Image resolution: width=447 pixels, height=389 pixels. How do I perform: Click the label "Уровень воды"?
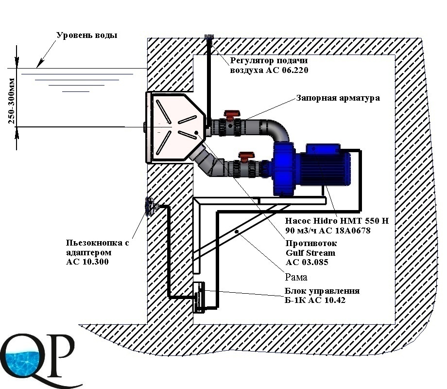[87, 35]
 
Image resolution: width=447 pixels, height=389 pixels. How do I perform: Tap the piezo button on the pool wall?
[149, 208]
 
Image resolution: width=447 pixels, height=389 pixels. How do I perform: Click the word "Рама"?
[296, 277]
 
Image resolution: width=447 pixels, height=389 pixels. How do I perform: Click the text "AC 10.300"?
[87, 262]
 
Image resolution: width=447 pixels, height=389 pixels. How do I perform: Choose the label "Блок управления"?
[322, 291]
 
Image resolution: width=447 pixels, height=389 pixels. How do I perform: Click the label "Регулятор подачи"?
[268, 61]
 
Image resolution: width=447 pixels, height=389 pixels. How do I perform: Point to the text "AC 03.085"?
[307, 262]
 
